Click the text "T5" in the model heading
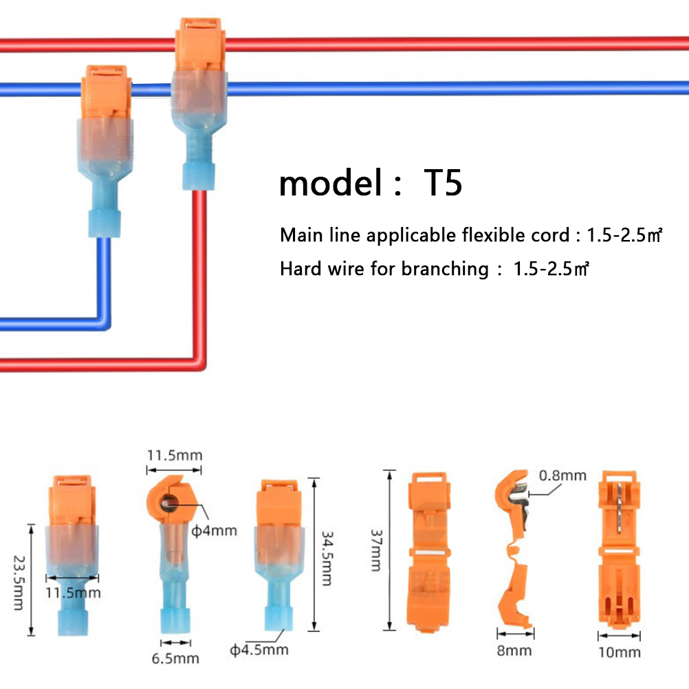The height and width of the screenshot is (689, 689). tap(444, 184)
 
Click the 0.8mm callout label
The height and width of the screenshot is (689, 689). tap(562, 475)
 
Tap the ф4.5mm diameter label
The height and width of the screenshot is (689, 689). tap(259, 649)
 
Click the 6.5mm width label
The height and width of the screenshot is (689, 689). tap(175, 658)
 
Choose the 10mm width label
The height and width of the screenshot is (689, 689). tap(620, 652)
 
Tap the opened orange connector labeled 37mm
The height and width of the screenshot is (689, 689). tap(430, 550)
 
